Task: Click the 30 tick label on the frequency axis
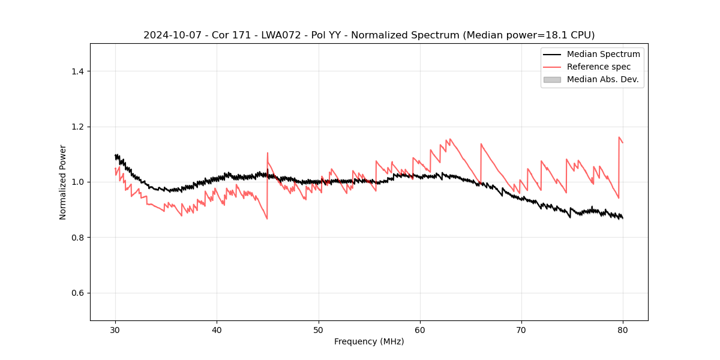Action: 115,329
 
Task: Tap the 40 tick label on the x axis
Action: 217,329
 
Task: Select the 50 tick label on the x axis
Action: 319,329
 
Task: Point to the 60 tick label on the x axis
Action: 420,329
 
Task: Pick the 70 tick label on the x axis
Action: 521,329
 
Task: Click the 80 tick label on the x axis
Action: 623,329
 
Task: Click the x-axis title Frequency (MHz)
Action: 369,341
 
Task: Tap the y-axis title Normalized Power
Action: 63,182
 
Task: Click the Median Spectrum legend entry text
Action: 603,54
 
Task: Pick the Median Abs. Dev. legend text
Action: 602,79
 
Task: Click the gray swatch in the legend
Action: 552,79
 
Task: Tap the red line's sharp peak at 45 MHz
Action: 268,153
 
